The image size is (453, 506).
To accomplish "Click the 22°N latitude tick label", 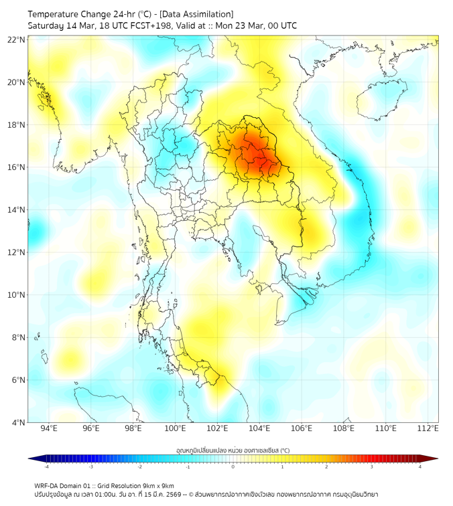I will click(17, 39).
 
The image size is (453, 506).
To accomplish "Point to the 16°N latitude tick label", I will click(17, 167).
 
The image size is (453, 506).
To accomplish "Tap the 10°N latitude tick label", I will click(17, 295).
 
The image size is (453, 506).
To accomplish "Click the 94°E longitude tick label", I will click(49, 429).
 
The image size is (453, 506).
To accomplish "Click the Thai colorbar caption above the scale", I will click(233, 450).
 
